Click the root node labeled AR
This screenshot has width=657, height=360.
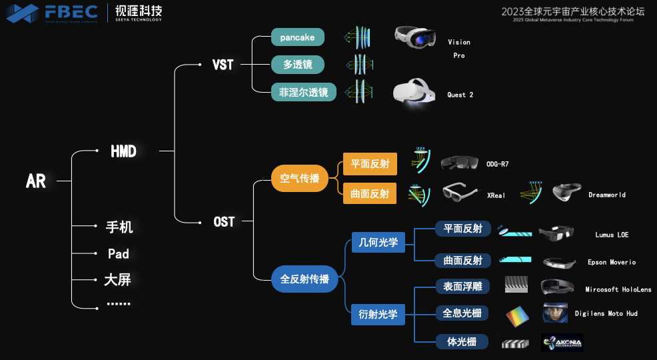point(36,181)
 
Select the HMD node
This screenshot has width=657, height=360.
point(123,151)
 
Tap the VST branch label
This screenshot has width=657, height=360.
point(223,65)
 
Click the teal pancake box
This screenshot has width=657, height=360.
point(297,37)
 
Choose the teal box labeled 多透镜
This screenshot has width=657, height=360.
point(297,65)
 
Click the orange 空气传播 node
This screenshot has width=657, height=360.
point(299,179)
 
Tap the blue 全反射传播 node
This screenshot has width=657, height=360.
point(305,279)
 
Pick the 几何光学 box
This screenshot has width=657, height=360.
point(378,243)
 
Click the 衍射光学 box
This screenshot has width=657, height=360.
point(378,314)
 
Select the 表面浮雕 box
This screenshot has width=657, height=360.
point(462,287)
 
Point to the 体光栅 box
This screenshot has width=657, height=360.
point(462,342)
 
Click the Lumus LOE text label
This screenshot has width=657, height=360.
point(612,235)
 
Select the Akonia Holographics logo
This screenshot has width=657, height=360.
point(562,343)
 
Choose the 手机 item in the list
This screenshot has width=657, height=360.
point(119,227)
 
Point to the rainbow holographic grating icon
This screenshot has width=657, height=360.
point(518,315)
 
